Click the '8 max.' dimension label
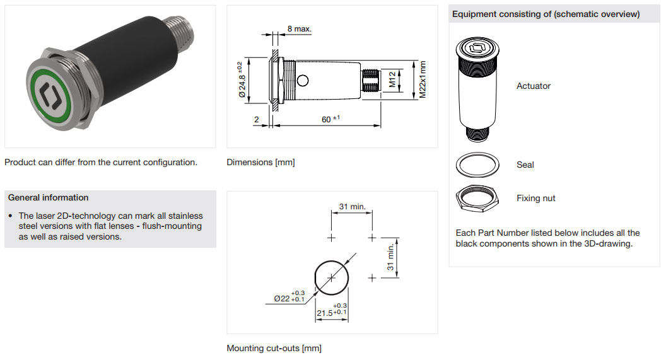pyautogui.click(x=299, y=29)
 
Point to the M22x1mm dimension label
pyautogui.click(x=423, y=79)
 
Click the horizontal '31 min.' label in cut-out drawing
pyautogui.click(x=352, y=207)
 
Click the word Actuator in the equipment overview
pyautogui.click(x=534, y=86)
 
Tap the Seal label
pyautogui.click(x=525, y=165)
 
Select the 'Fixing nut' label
pyautogui.click(x=536, y=198)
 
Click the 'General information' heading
pyautogui.click(x=49, y=197)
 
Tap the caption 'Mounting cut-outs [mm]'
pyautogui.click(x=274, y=348)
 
